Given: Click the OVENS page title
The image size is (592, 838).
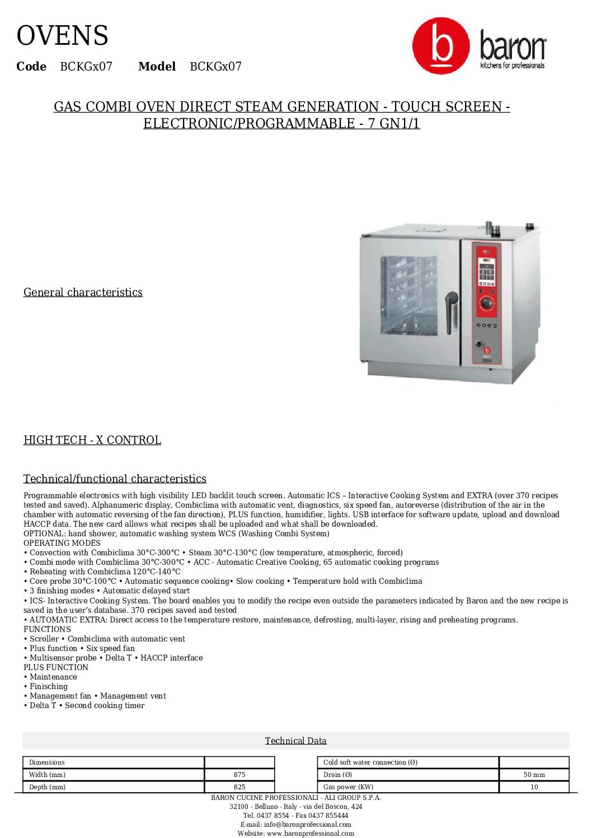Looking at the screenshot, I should [x=62, y=36].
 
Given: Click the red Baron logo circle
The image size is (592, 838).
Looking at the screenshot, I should [x=440, y=46].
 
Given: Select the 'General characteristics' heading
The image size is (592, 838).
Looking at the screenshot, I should [x=83, y=292].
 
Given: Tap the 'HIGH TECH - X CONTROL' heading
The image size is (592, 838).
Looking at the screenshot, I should [x=92, y=440].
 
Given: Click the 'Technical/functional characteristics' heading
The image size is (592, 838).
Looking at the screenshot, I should [x=115, y=479].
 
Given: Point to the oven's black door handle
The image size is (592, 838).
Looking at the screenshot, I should [x=449, y=311].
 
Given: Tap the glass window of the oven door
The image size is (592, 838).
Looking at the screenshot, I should [x=408, y=295].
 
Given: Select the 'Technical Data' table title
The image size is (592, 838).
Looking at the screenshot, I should [x=295, y=741].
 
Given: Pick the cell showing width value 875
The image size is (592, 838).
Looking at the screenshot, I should [x=239, y=775].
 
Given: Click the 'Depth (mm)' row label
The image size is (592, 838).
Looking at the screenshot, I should [x=48, y=787].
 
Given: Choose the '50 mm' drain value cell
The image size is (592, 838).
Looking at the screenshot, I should [x=534, y=775].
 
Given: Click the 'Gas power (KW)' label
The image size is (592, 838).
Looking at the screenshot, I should [x=348, y=787].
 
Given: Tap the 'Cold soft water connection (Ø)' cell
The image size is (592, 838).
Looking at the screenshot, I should [x=370, y=762].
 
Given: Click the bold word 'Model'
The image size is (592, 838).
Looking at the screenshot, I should [x=157, y=67].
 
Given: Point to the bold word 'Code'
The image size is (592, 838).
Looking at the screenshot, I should [x=31, y=67].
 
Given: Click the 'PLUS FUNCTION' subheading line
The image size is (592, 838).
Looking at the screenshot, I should [x=56, y=667].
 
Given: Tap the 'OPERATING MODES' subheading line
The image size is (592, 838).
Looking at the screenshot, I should [x=62, y=543].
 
